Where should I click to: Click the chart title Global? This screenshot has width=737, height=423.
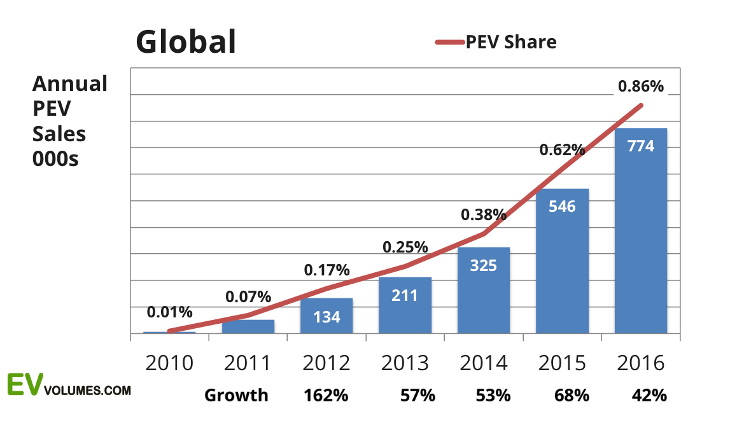click(186, 42)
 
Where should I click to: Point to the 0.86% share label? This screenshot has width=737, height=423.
click(640, 86)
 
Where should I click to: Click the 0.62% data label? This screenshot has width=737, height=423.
click(562, 150)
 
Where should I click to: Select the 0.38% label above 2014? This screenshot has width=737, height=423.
click(484, 214)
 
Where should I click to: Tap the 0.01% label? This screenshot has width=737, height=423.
click(169, 312)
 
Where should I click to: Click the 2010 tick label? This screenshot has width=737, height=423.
click(169, 363)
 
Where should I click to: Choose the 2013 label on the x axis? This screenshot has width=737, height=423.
click(405, 363)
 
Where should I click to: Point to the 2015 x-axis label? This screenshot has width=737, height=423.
click(562, 363)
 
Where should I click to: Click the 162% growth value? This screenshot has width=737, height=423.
click(326, 396)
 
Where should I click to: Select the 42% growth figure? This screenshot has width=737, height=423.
click(649, 396)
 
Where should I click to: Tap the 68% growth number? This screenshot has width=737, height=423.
click(572, 396)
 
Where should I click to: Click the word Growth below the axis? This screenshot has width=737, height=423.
click(236, 396)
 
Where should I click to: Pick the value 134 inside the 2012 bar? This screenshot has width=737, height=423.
click(326, 317)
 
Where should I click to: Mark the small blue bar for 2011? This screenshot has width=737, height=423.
click(248, 326)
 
